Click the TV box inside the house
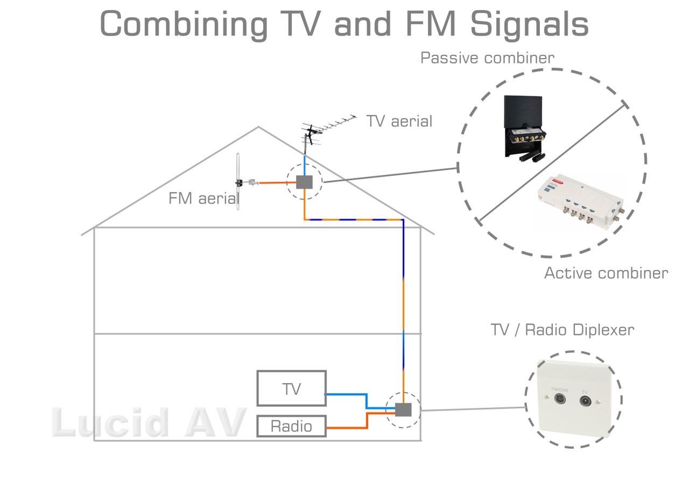[291, 388]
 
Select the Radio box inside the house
[291, 426]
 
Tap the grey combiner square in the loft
[304, 182]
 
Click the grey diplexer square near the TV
[403, 409]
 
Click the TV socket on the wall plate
[586, 400]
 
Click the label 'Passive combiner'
[487, 58]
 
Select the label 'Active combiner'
[606, 273]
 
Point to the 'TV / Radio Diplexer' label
[562, 329]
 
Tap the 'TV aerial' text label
[399, 121]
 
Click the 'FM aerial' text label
[203, 199]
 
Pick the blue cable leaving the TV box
[347, 394]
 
